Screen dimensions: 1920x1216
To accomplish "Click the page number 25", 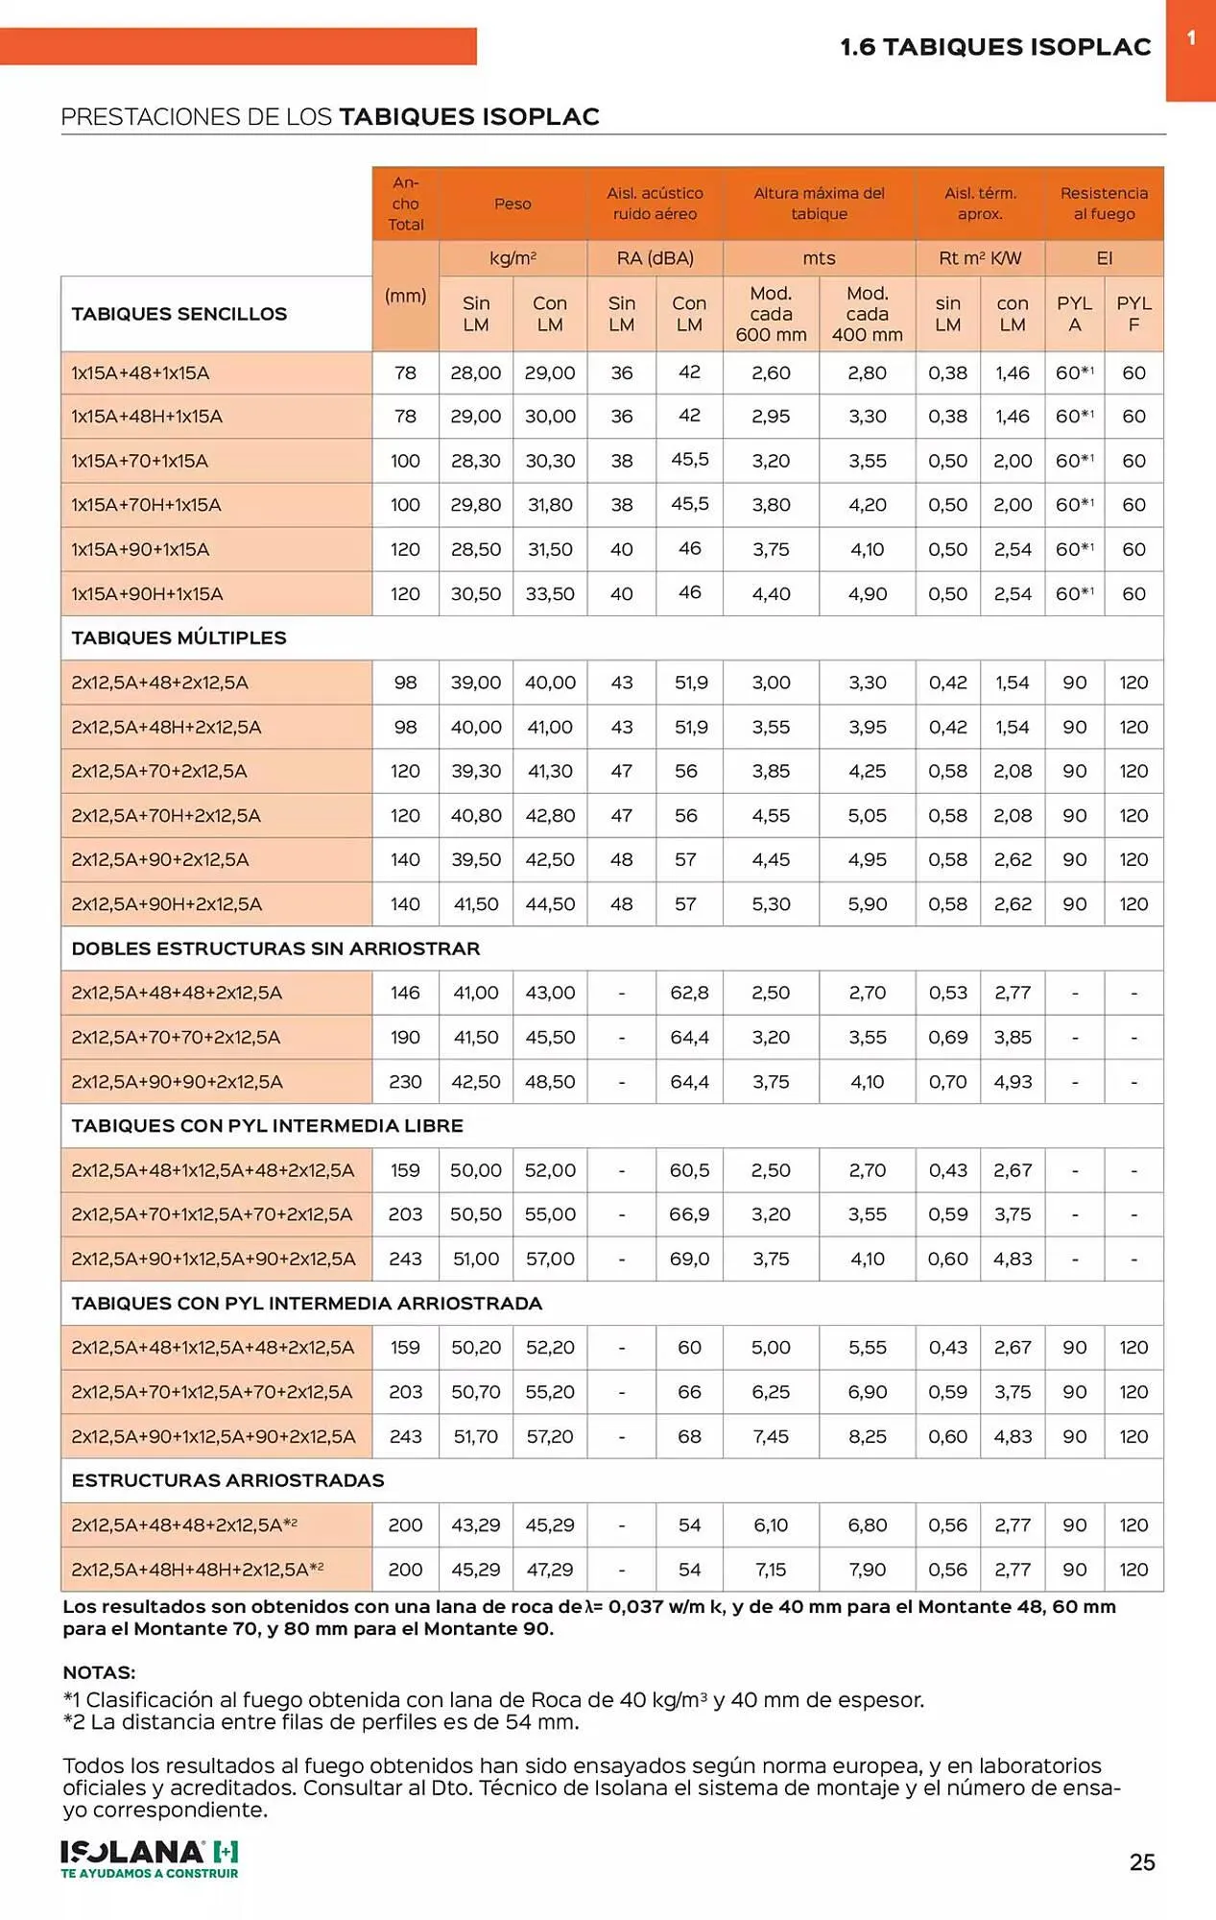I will pyautogui.click(x=1141, y=1861).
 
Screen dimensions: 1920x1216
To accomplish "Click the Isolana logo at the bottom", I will pyautogui.click(x=150, y=1858).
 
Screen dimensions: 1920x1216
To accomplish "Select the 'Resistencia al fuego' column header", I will pyautogui.click(x=1104, y=204).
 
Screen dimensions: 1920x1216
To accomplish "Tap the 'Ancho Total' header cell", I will pyautogui.click(x=405, y=204).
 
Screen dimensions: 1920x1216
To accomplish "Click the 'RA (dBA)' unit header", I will pyautogui.click(x=655, y=258).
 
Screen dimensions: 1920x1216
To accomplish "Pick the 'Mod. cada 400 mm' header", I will pyautogui.click(x=867, y=314).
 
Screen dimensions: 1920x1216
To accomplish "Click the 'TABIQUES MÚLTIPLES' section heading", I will pyautogui.click(x=179, y=637).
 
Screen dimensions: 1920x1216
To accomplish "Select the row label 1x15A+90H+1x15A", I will pyautogui.click(x=147, y=594).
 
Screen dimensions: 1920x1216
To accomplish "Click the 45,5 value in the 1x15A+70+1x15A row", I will pyautogui.click(x=689, y=460).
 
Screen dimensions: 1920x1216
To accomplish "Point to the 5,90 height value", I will pyautogui.click(x=867, y=903).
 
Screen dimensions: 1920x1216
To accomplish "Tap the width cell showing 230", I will pyautogui.click(x=405, y=1081).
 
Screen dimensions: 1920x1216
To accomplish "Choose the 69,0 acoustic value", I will pyautogui.click(x=689, y=1259).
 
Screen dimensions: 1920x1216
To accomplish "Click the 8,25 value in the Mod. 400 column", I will pyautogui.click(x=867, y=1436).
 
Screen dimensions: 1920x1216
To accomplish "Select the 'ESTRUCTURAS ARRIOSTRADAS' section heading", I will pyautogui.click(x=227, y=1480).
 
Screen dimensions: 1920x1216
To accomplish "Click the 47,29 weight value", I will pyautogui.click(x=550, y=1570).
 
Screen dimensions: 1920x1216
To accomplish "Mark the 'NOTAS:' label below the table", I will pyautogui.click(x=99, y=1672).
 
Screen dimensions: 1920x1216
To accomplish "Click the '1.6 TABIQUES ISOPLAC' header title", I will pyautogui.click(x=995, y=47).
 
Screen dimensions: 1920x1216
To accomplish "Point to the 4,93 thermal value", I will pyautogui.click(x=1013, y=1081).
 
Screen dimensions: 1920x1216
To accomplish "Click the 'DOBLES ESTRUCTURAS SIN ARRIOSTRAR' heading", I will pyautogui.click(x=275, y=948).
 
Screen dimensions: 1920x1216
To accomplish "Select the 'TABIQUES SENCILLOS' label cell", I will pyautogui.click(x=179, y=314).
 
